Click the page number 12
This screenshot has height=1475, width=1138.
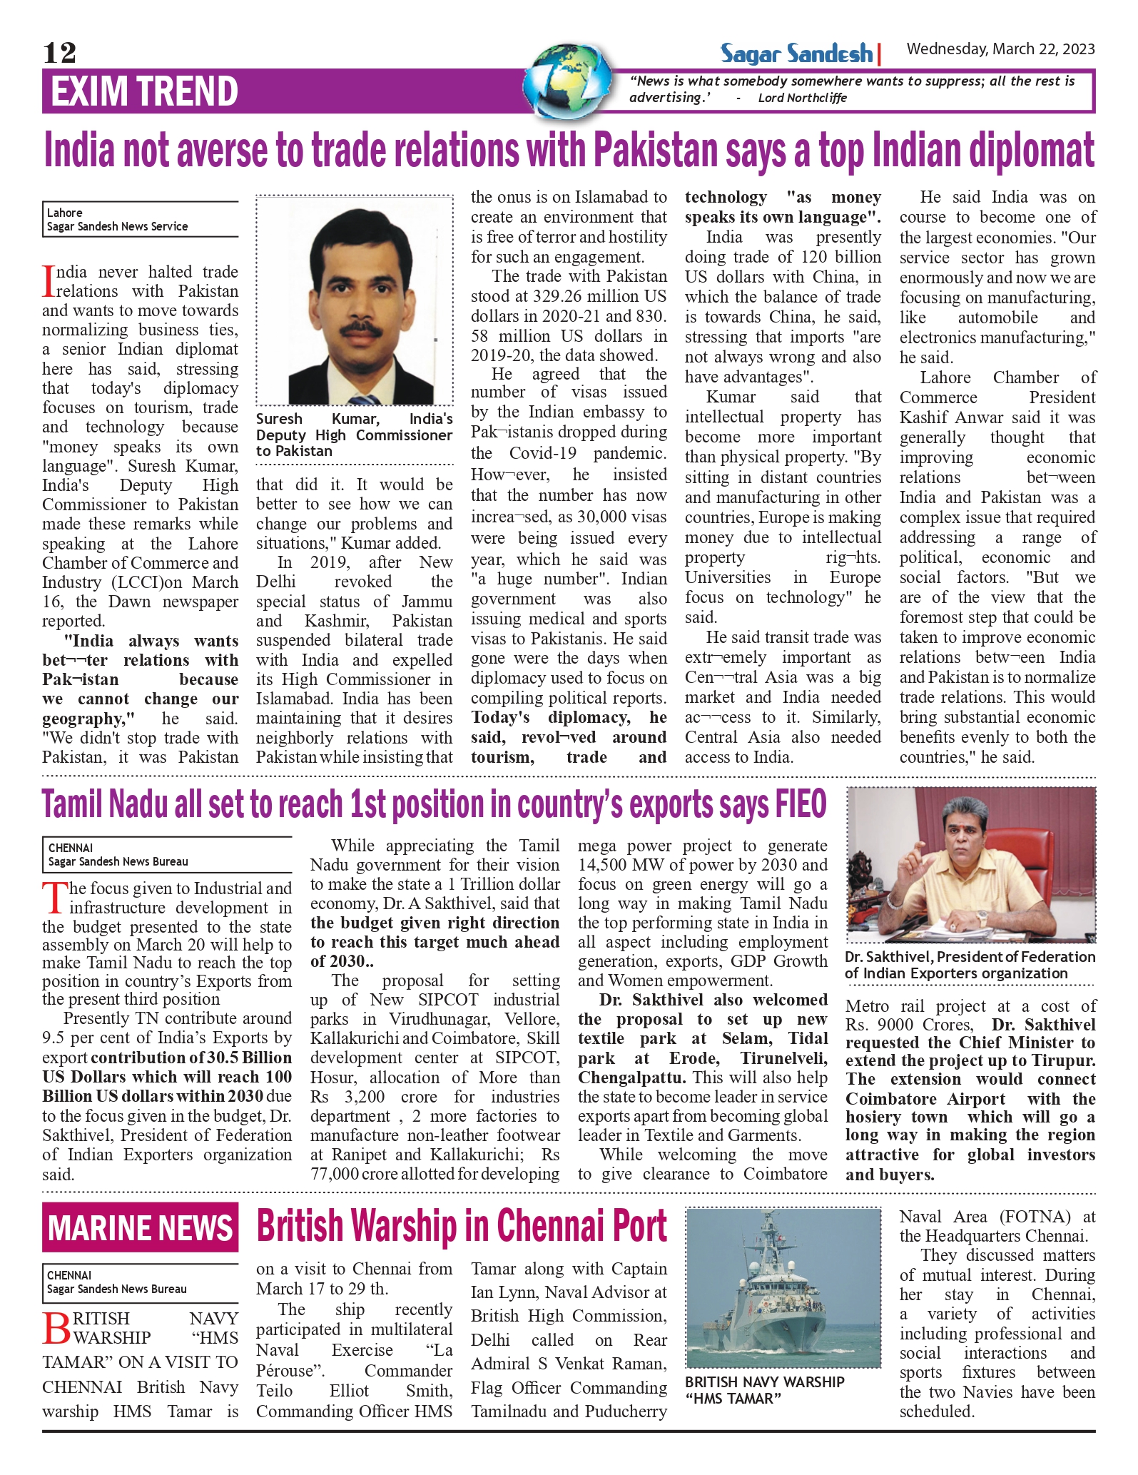point(59,53)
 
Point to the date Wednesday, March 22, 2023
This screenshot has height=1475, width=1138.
point(1000,49)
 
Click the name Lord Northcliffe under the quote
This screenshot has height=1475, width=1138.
point(802,98)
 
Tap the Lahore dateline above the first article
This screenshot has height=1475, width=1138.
point(65,213)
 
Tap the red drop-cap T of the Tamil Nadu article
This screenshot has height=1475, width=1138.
point(54,898)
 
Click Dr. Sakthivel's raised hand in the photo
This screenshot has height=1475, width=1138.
point(913,873)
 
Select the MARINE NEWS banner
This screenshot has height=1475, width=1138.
point(140,1227)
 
